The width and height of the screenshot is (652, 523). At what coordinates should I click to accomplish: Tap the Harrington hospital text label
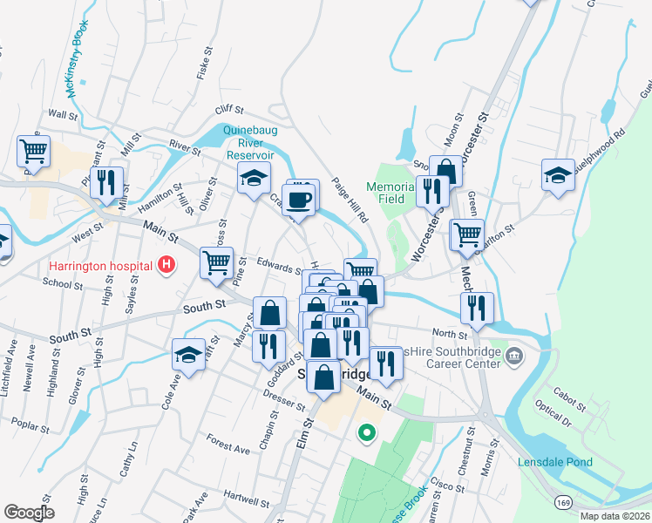[x=95, y=265]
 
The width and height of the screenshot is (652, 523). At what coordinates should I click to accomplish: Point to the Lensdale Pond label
[x=555, y=462]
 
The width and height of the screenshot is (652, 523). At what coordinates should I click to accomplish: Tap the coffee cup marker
[x=298, y=200]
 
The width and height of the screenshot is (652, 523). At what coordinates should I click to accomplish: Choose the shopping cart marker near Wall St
[x=33, y=150]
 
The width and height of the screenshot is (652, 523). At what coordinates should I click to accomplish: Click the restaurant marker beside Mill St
[x=106, y=183]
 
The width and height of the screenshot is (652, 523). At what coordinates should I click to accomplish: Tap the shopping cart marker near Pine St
[x=217, y=261]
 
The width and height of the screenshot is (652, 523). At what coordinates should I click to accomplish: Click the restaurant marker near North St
[x=477, y=308]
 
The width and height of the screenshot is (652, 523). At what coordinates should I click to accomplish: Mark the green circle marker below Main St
[x=368, y=431]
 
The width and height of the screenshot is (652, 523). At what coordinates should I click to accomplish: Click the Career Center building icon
[x=514, y=356]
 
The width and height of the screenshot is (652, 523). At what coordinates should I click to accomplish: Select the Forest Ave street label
[x=228, y=447]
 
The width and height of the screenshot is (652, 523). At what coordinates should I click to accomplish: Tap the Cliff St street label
[x=228, y=110]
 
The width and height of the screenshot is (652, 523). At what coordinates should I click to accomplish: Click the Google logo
[x=28, y=513]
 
